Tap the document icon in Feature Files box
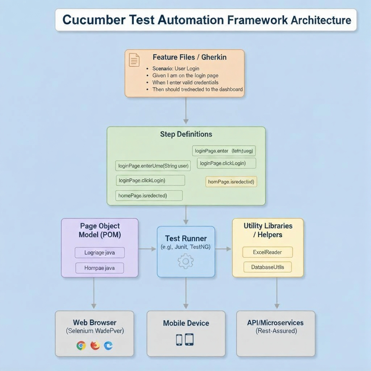[134, 60]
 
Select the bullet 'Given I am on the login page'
[185, 75]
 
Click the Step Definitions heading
[186, 134]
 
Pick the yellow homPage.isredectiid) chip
[231, 182]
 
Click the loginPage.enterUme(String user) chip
[154, 166]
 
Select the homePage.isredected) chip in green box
[149, 196]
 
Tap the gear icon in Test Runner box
[185, 261]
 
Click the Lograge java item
[100, 253]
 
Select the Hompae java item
[100, 268]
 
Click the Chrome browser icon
[81, 346]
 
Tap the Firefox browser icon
[95, 346]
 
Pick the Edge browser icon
[108, 346]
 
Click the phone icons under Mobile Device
[185, 339]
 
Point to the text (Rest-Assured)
[276, 331]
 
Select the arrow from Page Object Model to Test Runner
[147, 249]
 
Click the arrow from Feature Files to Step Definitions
[185, 111]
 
